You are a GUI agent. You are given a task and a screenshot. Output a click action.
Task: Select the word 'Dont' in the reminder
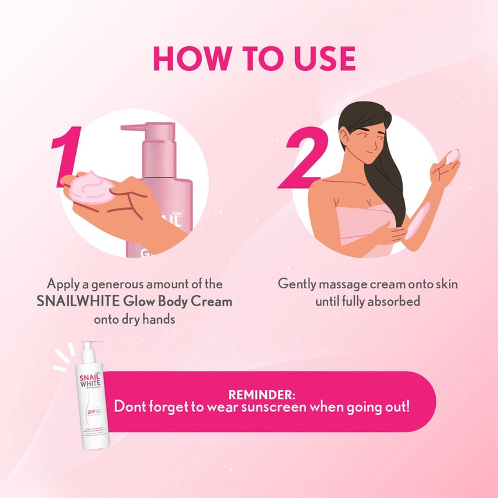(x=128, y=408)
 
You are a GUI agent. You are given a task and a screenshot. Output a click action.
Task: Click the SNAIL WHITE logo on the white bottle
(x=92, y=377)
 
